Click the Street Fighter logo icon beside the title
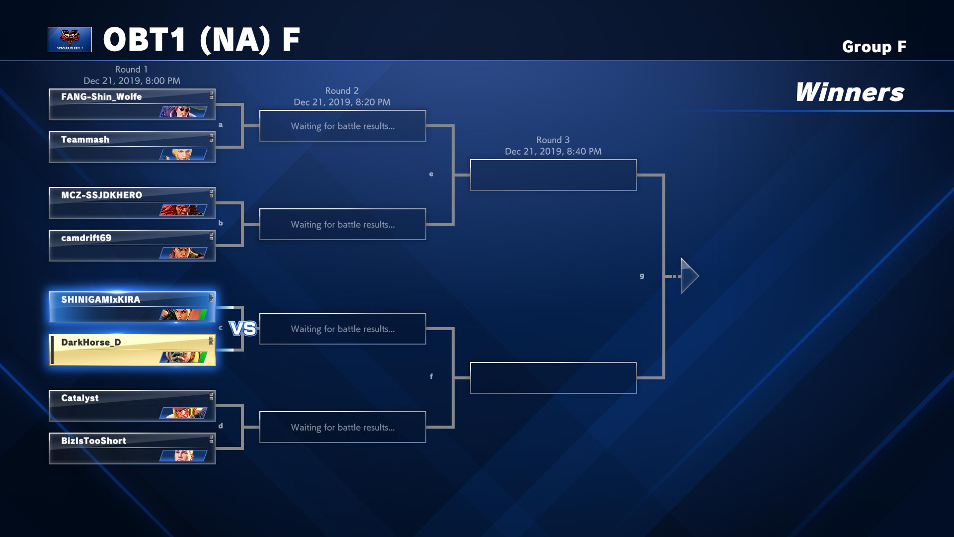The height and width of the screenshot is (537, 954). click(x=70, y=39)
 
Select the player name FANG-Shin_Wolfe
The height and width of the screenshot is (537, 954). click(x=101, y=96)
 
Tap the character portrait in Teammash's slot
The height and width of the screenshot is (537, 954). click(x=183, y=155)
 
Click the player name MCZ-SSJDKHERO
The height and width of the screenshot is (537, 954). click(x=101, y=195)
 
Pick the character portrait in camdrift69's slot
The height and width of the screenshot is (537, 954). click(x=183, y=253)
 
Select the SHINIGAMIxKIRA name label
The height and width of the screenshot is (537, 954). click(x=100, y=299)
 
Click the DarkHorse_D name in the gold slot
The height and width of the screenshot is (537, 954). click(x=91, y=342)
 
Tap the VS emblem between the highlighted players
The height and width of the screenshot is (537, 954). click(x=243, y=329)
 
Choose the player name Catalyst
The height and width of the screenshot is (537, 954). click(x=79, y=398)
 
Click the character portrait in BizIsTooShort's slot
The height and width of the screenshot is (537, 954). click(x=183, y=456)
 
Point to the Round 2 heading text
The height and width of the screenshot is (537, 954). click(x=342, y=90)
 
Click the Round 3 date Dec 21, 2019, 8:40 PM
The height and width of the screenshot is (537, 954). click(x=553, y=151)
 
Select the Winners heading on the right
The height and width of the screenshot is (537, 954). click(x=850, y=92)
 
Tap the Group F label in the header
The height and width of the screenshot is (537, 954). click(x=874, y=47)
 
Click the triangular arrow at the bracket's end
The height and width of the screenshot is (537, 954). click(x=689, y=276)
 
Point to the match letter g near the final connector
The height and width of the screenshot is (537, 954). click(x=642, y=275)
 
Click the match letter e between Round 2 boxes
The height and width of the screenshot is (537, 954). click(x=431, y=174)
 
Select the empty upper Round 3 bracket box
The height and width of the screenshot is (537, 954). click(x=553, y=175)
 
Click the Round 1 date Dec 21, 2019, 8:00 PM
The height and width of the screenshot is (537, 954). click(x=132, y=81)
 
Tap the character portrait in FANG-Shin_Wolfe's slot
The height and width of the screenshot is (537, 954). click(x=183, y=112)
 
